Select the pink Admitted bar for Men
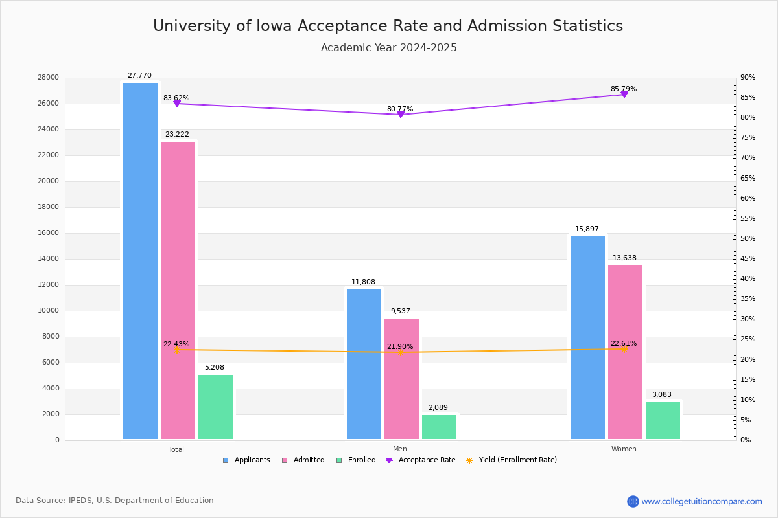401,379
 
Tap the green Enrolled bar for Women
663,420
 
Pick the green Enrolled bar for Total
215,407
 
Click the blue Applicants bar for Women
587,337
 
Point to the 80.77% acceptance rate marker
401,115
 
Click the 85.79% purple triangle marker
624,95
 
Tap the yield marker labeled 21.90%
401,353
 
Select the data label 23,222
177,135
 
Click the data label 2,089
439,407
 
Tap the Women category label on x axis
624,449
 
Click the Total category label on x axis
176,449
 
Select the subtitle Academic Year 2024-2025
389,48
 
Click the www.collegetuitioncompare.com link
701,501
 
